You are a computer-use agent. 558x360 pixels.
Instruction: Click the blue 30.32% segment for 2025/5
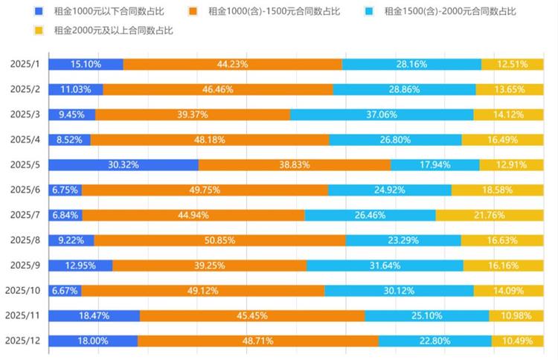tap(124, 165)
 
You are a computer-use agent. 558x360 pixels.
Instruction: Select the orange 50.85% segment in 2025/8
tap(220, 240)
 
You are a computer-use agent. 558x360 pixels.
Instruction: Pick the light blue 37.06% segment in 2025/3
tap(382, 115)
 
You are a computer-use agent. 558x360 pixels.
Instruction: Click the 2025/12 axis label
tap(22, 340)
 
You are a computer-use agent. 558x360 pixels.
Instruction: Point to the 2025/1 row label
tap(25, 64)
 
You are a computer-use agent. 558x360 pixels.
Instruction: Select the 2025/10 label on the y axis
tap(22, 290)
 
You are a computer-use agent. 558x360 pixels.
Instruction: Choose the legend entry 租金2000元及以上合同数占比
tap(108, 30)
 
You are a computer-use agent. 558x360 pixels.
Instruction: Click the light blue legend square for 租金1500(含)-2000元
tap(369, 11)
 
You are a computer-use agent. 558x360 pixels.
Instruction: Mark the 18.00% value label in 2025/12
tap(93, 341)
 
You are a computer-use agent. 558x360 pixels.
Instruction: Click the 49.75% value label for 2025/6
tap(205, 190)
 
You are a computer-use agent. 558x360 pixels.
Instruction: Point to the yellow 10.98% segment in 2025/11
tap(516, 315)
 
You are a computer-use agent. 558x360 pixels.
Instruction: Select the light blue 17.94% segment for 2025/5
tap(435, 165)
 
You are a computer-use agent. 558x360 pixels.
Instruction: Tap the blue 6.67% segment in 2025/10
tap(65, 290)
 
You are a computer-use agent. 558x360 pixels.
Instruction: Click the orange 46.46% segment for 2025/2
tap(218, 89)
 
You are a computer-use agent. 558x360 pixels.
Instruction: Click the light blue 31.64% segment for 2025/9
tap(385, 266)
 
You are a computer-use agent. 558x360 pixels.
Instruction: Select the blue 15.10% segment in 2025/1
tap(86, 64)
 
